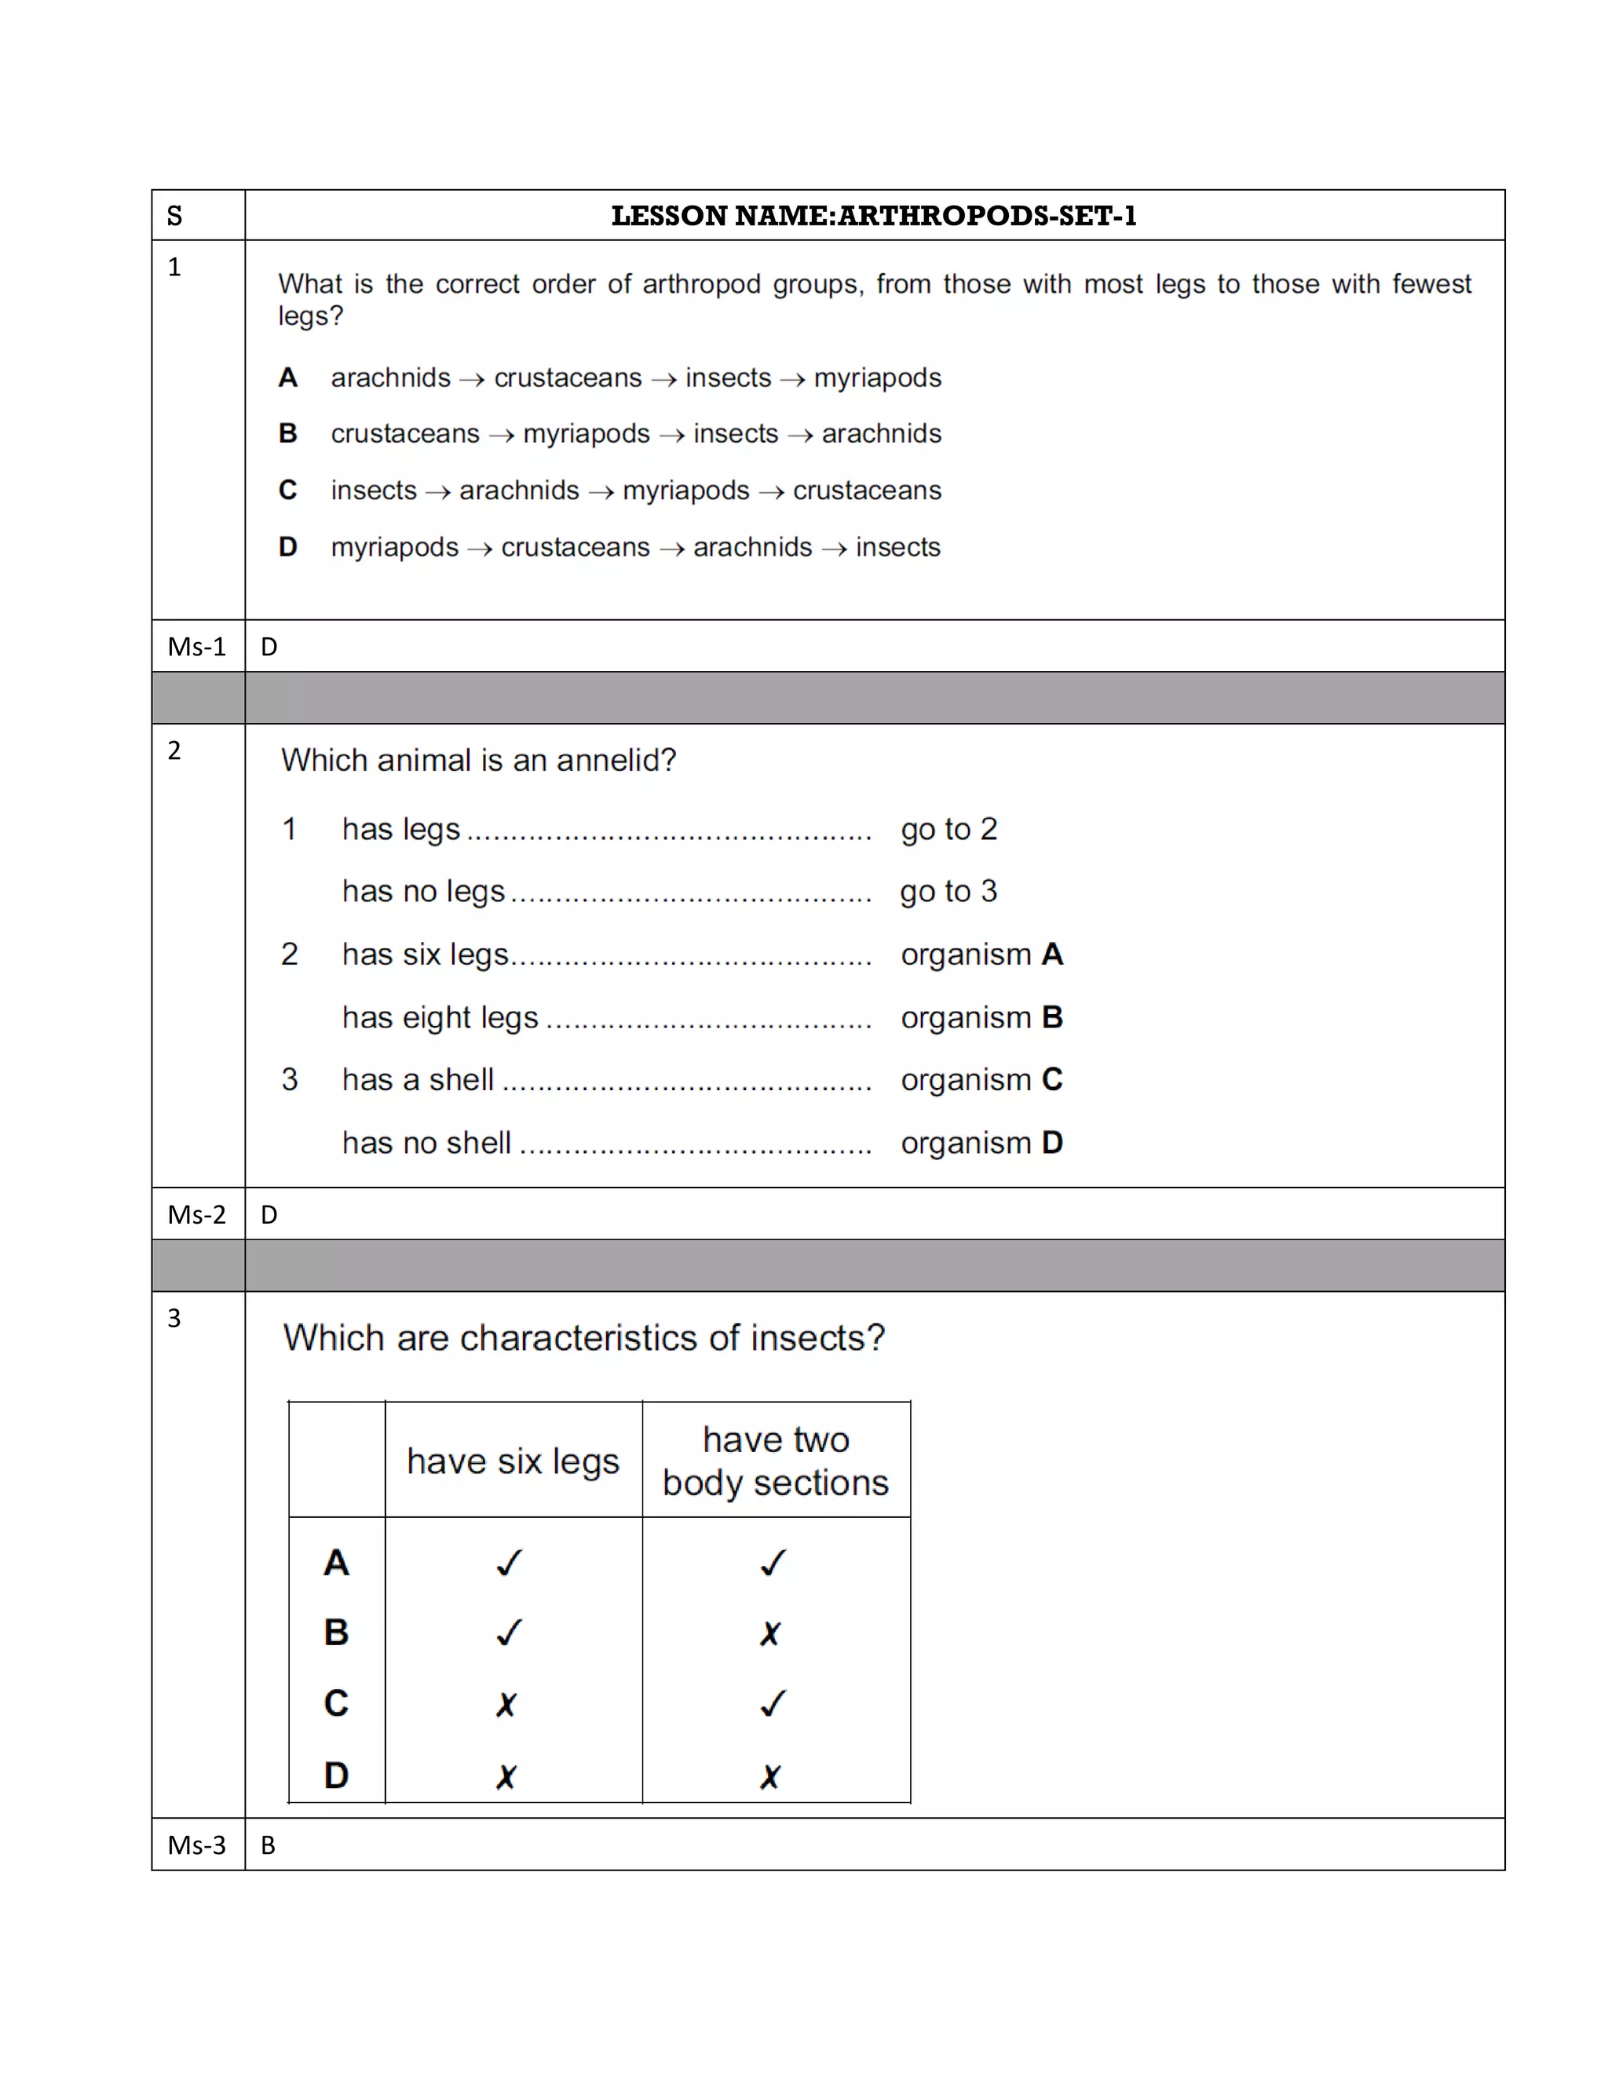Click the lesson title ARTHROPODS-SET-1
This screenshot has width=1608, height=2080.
(x=874, y=216)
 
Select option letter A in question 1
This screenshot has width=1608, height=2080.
(x=287, y=378)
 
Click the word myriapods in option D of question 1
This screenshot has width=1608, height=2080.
(x=394, y=548)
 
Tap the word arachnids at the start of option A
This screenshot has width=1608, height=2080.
(x=390, y=378)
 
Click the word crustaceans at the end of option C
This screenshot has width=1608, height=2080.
(x=867, y=491)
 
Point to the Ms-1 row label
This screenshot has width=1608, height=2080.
(x=196, y=647)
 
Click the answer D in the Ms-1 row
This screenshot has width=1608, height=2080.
(x=269, y=648)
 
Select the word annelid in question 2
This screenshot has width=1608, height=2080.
(x=608, y=760)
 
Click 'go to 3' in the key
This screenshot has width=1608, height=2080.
(x=948, y=892)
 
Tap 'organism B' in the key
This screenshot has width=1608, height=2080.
(x=981, y=1018)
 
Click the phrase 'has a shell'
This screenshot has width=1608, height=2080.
(x=417, y=1080)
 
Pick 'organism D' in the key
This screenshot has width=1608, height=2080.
(x=981, y=1143)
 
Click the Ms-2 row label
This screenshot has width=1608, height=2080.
(x=196, y=1215)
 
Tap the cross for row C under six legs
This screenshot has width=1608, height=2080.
(x=506, y=1705)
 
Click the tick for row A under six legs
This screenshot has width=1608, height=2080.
(x=510, y=1563)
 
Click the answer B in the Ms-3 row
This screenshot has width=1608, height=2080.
(x=269, y=1846)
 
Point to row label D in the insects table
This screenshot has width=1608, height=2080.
(x=336, y=1775)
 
